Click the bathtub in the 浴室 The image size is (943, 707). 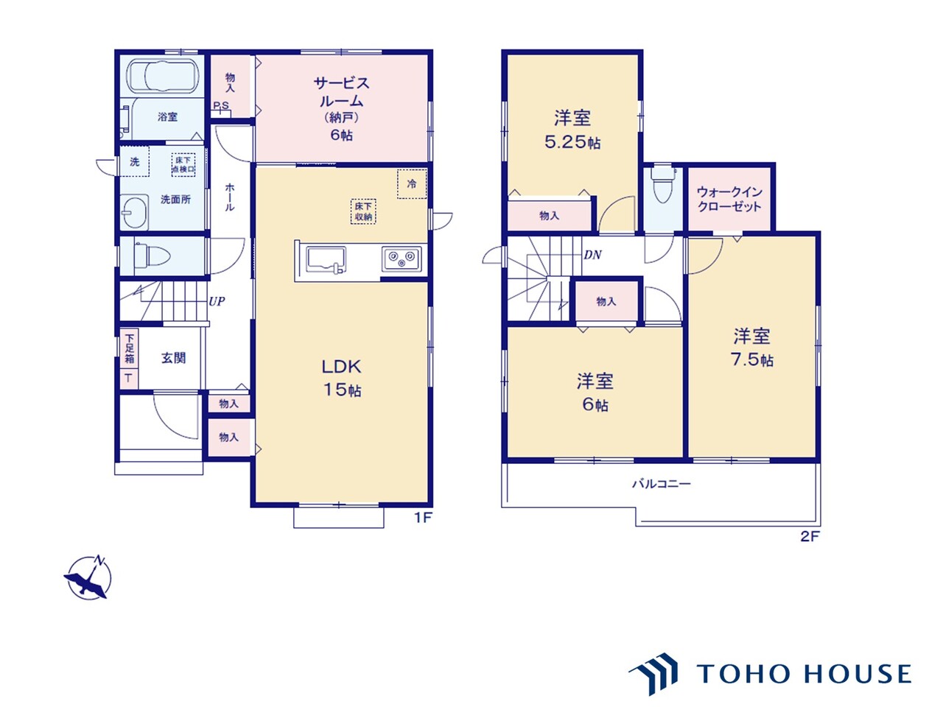164,76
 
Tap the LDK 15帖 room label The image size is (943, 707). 342,378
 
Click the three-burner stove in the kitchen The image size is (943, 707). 402,258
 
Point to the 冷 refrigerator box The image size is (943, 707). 412,183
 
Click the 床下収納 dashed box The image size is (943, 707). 363,211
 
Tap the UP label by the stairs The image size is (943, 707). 217,301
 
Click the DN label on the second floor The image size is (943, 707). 592,255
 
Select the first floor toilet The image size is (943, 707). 152,256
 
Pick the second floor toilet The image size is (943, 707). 662,184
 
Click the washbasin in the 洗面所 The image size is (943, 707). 134,212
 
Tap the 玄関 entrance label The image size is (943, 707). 174,358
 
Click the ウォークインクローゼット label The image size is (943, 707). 729,199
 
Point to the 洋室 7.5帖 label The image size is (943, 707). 752,348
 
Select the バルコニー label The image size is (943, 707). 662,484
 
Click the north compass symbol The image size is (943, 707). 89,577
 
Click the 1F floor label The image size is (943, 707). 422,518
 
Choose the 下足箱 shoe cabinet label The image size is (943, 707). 130,348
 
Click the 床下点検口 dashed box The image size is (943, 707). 183,165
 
